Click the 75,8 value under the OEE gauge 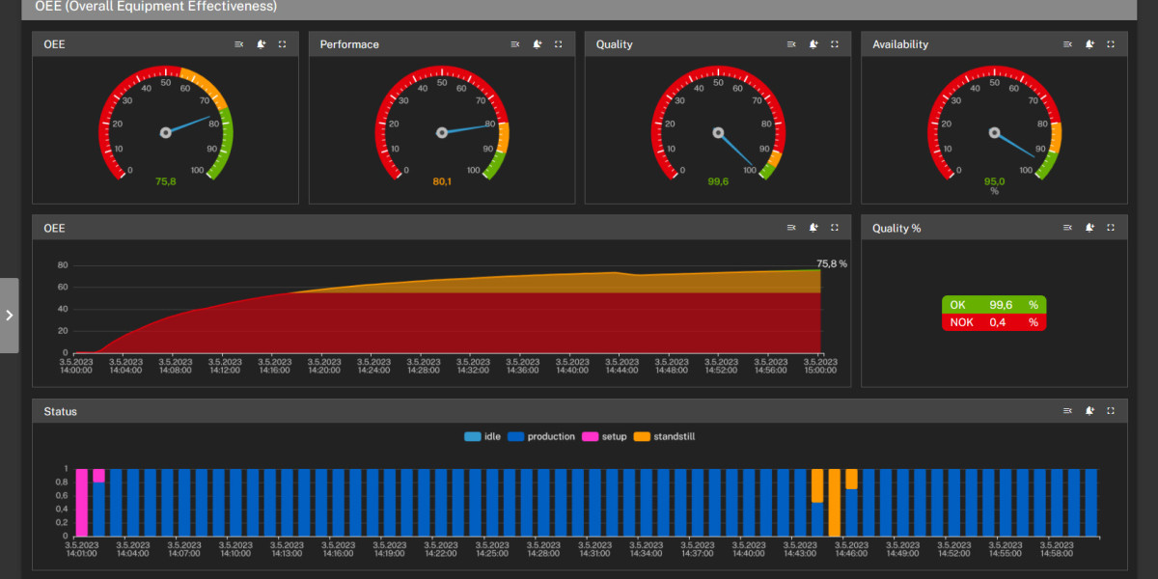coord(165,180)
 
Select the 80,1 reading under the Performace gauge coord(442,180)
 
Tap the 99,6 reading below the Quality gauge coord(718,180)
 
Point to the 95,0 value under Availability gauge coord(994,180)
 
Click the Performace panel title coord(349,44)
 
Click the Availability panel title coord(900,44)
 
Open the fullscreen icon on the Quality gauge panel coord(835,44)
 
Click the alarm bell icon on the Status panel coord(1089,411)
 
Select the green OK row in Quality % coord(994,305)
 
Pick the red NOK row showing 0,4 coord(994,322)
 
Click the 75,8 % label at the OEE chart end coord(831,263)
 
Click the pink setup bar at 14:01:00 coord(82,502)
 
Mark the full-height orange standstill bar coord(835,502)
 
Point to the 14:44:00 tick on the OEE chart coord(620,366)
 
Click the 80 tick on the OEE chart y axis coord(63,265)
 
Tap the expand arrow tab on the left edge coord(9,316)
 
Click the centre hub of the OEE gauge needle coord(165,132)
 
